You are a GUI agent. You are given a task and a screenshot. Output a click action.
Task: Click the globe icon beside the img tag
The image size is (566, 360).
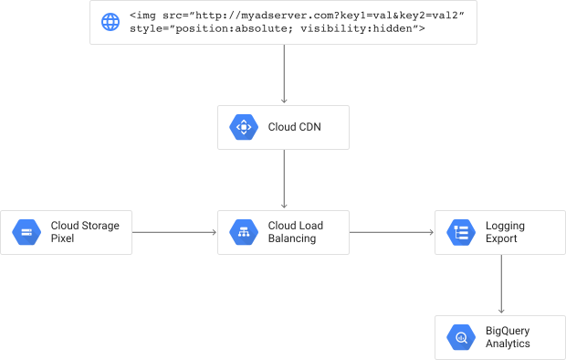tap(110, 22)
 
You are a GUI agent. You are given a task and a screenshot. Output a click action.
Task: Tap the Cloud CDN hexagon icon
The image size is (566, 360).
tap(244, 127)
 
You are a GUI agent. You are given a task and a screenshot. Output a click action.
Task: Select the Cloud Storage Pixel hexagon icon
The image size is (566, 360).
tap(26, 232)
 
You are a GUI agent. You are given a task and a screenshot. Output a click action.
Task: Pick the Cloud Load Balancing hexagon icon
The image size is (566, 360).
tap(244, 232)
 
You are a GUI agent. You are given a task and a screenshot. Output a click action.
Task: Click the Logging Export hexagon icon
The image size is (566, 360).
tap(461, 232)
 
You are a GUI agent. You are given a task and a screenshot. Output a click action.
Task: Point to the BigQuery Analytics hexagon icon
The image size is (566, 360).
tap(461, 337)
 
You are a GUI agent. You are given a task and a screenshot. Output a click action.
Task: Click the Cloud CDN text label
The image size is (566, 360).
tap(294, 127)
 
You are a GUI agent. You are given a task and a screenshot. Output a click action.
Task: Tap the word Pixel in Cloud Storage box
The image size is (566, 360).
tap(62, 238)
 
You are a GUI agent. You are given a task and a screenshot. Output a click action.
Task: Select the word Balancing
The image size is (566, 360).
tap(292, 238)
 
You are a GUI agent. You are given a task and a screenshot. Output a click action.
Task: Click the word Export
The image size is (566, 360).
tap(501, 238)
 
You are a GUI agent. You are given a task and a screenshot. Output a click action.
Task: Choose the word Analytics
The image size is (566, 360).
tap(508, 344)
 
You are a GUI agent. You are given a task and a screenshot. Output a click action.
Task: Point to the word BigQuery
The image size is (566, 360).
tap(508, 331)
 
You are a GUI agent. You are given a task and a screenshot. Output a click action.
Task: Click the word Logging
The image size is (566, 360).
tap(505, 226)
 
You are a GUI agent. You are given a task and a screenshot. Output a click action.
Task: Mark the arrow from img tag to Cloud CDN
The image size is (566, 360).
tap(284, 74)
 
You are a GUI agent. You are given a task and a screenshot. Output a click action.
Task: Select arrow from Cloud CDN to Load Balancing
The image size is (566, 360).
tap(284, 179)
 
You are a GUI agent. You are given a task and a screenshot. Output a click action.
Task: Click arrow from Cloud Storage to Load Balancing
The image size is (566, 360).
tap(174, 232)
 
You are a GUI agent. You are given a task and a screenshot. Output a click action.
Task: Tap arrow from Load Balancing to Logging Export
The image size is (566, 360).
tap(392, 232)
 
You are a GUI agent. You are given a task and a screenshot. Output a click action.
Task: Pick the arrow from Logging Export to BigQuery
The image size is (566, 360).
tap(501, 284)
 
